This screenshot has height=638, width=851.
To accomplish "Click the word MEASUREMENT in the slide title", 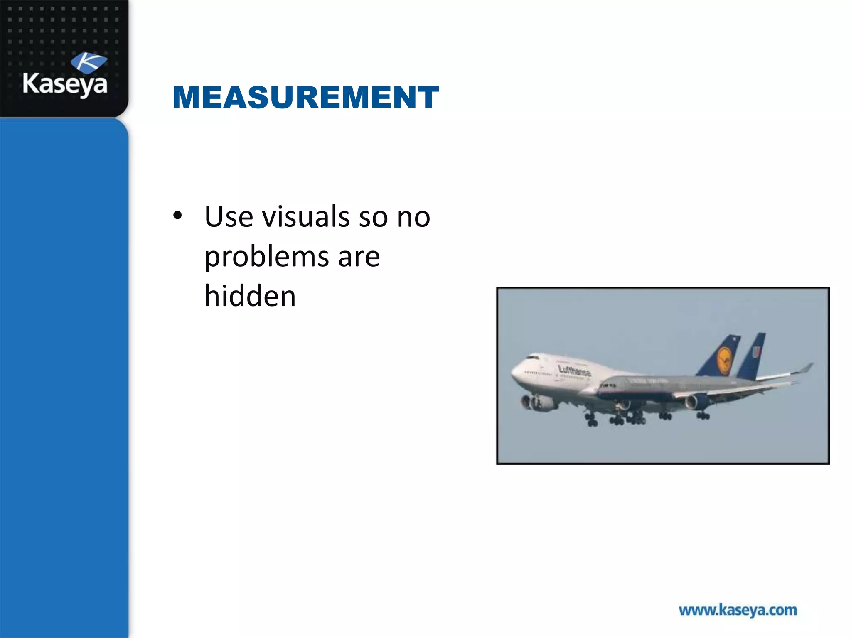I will click(x=305, y=98).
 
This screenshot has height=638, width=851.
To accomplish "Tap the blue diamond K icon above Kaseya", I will click(x=89, y=62).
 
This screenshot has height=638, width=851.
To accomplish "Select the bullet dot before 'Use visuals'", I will click(x=178, y=216).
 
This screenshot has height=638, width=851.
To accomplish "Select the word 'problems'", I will click(x=266, y=257).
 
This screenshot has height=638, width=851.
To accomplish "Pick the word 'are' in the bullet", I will click(x=359, y=257).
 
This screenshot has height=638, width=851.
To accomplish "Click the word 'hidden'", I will click(x=250, y=296).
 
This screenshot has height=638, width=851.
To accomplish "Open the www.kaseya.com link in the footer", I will click(x=738, y=610).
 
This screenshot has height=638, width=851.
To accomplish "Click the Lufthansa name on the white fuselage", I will click(x=574, y=371).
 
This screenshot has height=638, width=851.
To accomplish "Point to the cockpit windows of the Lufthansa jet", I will click(x=532, y=357).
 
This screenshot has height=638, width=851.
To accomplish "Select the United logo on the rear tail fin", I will click(x=756, y=352).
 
